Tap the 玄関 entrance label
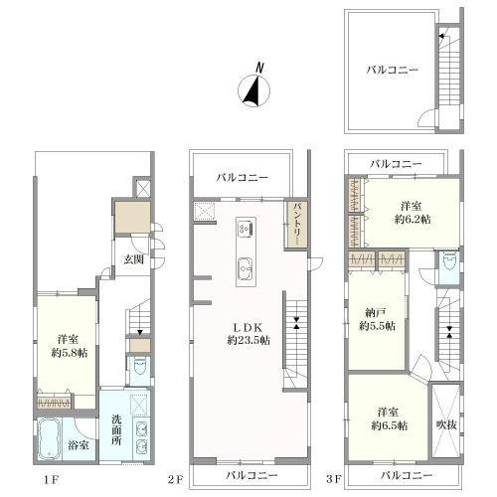point(134,259)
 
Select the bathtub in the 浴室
point(49,439)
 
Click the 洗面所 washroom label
point(116,430)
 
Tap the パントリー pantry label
point(296,225)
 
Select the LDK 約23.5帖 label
point(248,334)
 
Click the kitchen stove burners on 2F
point(247,229)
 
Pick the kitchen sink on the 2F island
point(247,269)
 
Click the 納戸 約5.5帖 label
point(377,319)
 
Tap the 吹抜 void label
point(446,424)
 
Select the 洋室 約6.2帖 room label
point(412,213)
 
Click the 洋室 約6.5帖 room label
point(389,419)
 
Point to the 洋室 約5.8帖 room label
point(69,346)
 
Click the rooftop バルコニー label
point(393,70)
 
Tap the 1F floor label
point(51,480)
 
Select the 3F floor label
point(333,479)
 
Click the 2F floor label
point(175,480)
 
